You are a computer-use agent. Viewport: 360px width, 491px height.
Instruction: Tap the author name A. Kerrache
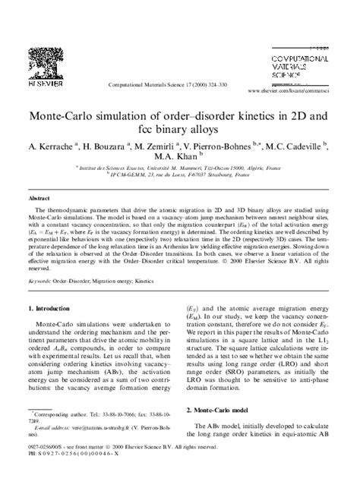tap(54, 145)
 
